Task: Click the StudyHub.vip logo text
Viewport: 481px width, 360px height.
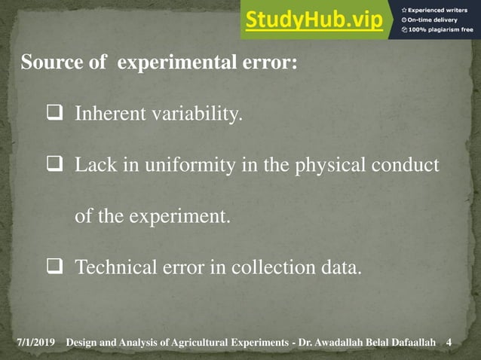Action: (314, 20)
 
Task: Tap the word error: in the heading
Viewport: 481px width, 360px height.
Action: (270, 63)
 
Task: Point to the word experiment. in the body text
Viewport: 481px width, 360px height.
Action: (179, 217)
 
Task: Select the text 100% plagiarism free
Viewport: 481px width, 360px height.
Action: (440, 29)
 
